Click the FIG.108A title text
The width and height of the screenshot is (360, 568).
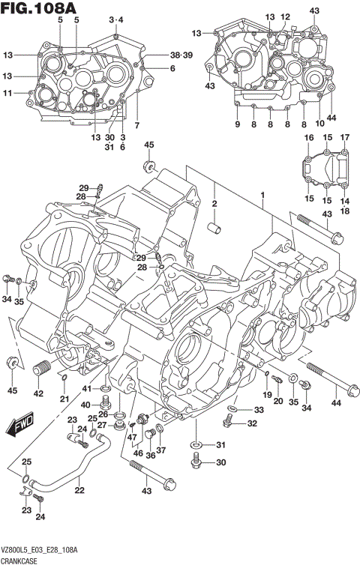tap(39, 9)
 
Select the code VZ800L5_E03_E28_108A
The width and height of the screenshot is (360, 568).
tap(47, 551)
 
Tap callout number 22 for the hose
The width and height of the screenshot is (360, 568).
tap(79, 491)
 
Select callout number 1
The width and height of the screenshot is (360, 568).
tap(262, 195)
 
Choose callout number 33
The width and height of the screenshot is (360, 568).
tap(258, 410)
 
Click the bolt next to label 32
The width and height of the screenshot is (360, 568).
tap(229, 424)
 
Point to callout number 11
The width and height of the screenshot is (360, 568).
tap(7, 93)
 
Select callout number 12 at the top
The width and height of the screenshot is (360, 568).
tap(285, 16)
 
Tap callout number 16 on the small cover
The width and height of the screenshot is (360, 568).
tap(308, 138)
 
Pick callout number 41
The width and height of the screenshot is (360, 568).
tap(87, 388)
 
